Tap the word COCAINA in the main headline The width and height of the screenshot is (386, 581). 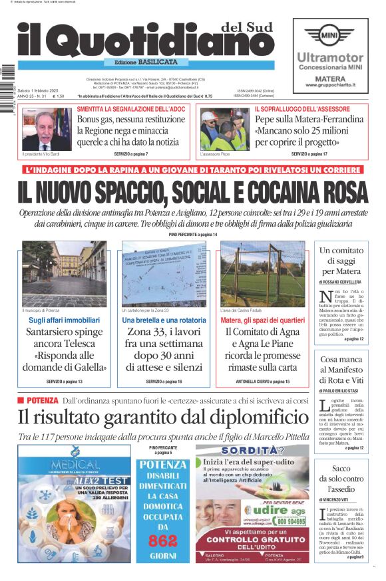point(273,193)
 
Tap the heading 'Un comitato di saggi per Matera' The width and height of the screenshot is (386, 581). point(342,261)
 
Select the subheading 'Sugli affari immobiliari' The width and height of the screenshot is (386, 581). point(65,321)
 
